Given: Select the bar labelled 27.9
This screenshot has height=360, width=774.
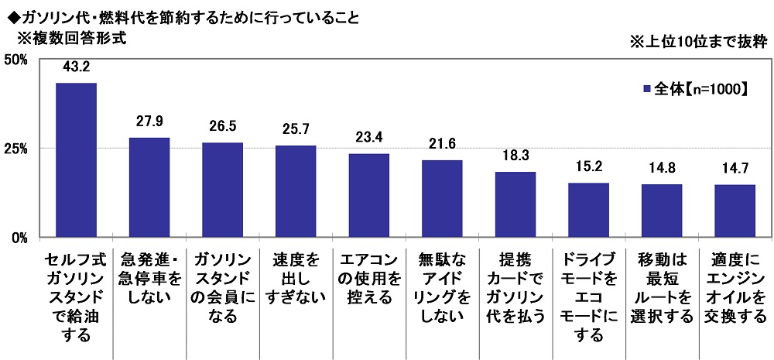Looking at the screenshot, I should tap(149, 187).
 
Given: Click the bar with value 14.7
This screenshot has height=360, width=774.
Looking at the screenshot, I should tap(735, 211).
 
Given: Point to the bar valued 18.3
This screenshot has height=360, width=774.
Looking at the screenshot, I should tap(515, 204).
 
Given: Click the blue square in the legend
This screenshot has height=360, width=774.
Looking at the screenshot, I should tap(647, 90).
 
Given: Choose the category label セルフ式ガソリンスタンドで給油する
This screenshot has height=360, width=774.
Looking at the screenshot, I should tap(76, 297).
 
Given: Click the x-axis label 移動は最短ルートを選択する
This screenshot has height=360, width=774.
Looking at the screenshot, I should tap(661, 287).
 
